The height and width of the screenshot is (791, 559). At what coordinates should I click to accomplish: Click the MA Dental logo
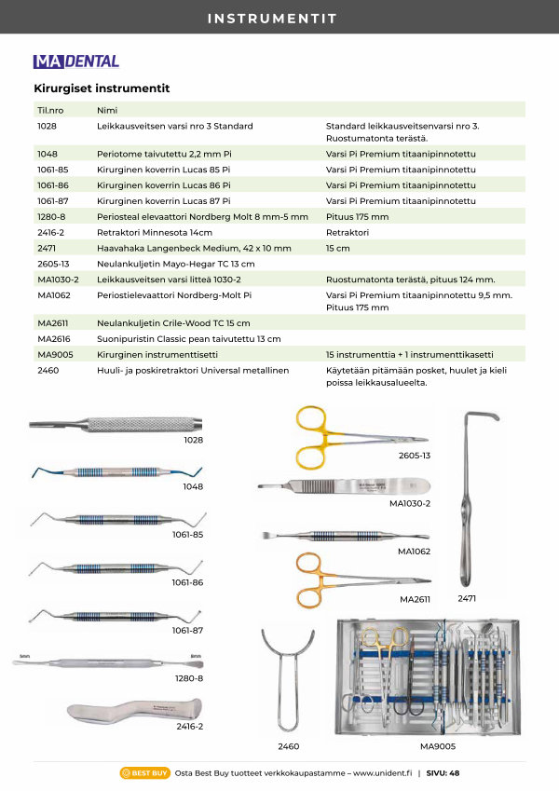[75, 61]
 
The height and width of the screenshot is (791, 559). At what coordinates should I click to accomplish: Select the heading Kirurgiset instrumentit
[102, 89]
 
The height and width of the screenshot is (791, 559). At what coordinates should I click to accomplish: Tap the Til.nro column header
[49, 110]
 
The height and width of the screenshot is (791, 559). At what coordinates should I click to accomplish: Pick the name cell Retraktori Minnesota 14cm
[155, 232]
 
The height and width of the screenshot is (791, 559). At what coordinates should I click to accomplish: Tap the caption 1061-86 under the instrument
[186, 581]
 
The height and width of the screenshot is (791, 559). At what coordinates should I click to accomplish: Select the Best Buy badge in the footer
[144, 772]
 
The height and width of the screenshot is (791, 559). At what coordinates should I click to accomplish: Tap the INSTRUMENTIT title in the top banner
[279, 18]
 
